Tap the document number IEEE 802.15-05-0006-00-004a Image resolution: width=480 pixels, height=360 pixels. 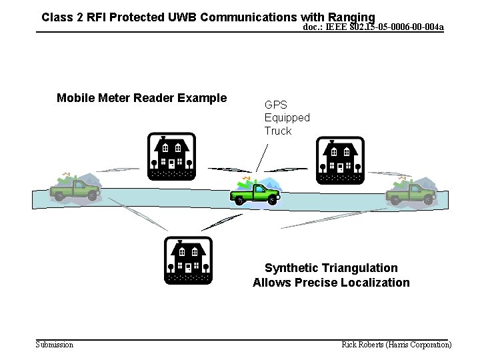[x=373, y=27]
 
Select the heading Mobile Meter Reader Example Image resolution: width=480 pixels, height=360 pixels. [x=141, y=99]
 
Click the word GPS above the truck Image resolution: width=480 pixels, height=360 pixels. [x=275, y=105]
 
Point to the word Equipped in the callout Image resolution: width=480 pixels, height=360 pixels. [x=287, y=117]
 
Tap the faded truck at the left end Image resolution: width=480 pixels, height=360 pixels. [x=75, y=189]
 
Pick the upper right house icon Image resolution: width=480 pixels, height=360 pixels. [x=340, y=161]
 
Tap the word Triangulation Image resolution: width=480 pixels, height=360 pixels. [x=361, y=268]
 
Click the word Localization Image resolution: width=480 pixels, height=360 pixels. [x=375, y=283]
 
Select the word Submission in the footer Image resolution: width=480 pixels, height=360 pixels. [x=54, y=345]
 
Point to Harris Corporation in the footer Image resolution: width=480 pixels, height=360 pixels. [x=421, y=345]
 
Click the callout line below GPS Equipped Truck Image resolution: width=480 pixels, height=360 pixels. [x=262, y=159]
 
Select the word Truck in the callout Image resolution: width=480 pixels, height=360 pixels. [x=277, y=131]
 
